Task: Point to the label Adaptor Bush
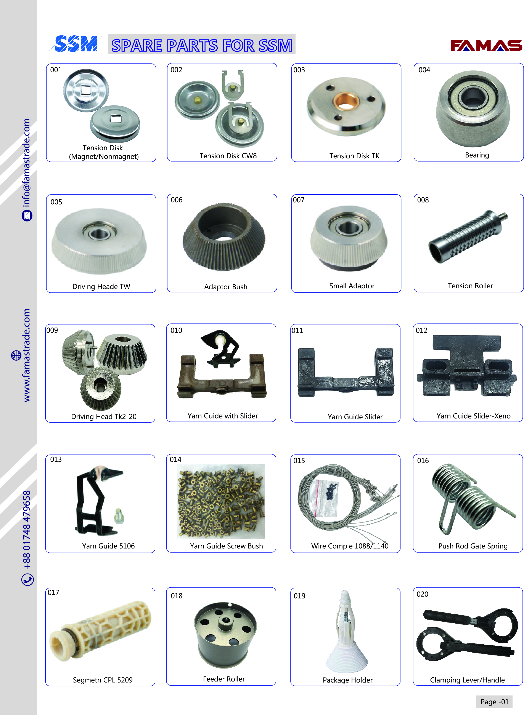pyautogui.click(x=225, y=287)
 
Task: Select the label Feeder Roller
pyautogui.click(x=224, y=679)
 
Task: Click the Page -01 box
pyautogui.click(x=494, y=702)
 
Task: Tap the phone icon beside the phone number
pyautogui.click(x=28, y=579)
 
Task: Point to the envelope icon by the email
pyautogui.click(x=27, y=216)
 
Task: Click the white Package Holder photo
pyautogui.click(x=346, y=632)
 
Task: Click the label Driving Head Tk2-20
pyautogui.click(x=104, y=417)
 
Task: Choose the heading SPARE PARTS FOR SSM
pyautogui.click(x=202, y=45)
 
